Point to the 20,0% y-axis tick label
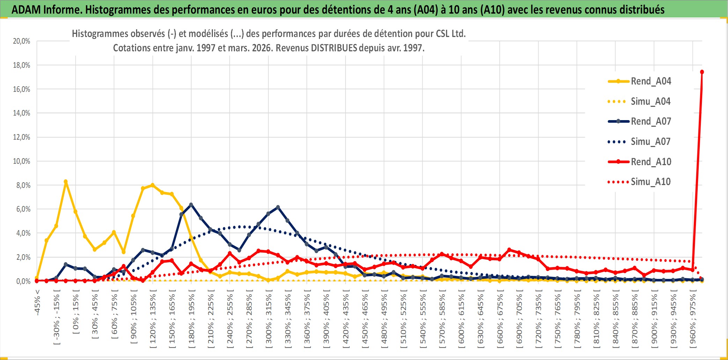coord(22,41)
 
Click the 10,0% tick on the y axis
coord(22,161)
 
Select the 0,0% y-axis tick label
coord(23,281)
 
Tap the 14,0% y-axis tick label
coord(22,113)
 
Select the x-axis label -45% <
coord(37,302)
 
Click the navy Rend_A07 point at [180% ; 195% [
coord(191,205)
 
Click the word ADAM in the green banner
coord(26,9)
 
